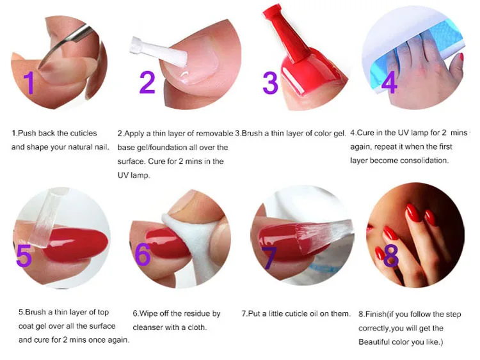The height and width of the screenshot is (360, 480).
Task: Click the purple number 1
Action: (x=29, y=82)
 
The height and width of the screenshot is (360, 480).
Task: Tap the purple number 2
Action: (x=147, y=82)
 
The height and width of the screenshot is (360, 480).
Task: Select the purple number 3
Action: (x=270, y=82)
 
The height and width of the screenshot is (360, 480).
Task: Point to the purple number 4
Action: (x=389, y=82)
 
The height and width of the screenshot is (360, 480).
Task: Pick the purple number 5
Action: (x=24, y=255)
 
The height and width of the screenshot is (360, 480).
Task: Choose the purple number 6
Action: (x=143, y=254)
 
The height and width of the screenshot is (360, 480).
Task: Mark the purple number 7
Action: (x=269, y=258)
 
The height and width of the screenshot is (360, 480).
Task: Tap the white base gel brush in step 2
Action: (x=159, y=51)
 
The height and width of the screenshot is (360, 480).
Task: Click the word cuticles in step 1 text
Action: (x=83, y=134)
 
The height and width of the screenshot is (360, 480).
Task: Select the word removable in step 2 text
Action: (x=214, y=134)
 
